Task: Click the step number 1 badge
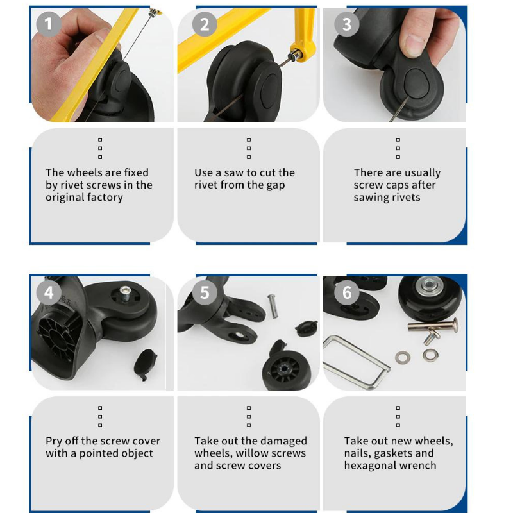[49, 24]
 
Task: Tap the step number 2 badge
[205, 24]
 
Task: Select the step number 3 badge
[347, 24]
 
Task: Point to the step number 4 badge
[49, 292]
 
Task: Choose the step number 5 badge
[205, 292]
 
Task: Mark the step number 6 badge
[347, 292]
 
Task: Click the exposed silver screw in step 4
[125, 293]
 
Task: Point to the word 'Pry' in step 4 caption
[54, 441]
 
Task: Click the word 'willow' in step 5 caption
[256, 453]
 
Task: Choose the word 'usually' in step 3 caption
[423, 172]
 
